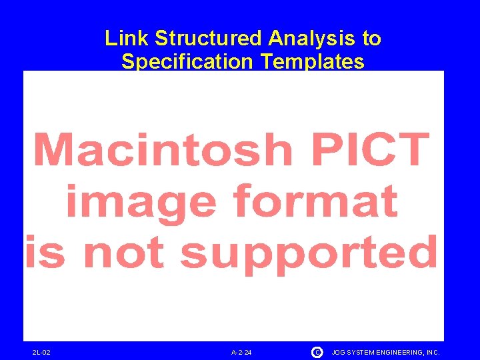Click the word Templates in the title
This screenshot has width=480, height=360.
(313, 62)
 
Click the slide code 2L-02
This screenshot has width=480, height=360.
(41, 352)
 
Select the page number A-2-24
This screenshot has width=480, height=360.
(241, 352)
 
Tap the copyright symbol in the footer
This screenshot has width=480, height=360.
(317, 351)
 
